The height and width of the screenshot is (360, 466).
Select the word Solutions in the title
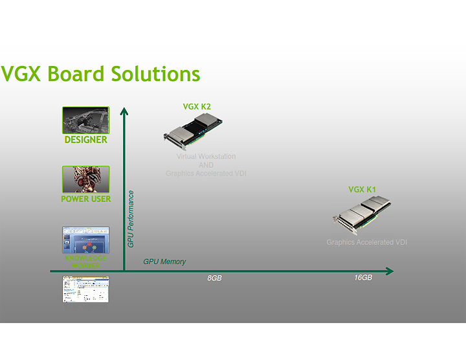155,74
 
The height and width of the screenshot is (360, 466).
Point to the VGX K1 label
362,190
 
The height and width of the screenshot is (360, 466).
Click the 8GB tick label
214,278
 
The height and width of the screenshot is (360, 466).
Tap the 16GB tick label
363,278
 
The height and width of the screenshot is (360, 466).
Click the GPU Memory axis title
164,262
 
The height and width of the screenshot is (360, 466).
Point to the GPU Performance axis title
131,219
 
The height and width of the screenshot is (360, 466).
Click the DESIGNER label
85,139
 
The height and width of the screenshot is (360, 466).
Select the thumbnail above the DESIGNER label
85,120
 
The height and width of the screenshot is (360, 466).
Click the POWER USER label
85,199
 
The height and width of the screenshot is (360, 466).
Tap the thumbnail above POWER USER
85,179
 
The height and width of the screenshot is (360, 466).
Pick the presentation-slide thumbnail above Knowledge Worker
85,240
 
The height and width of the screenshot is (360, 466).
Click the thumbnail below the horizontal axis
85,289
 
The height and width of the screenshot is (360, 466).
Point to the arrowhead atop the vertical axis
124,111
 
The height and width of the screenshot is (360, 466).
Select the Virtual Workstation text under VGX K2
206,157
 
